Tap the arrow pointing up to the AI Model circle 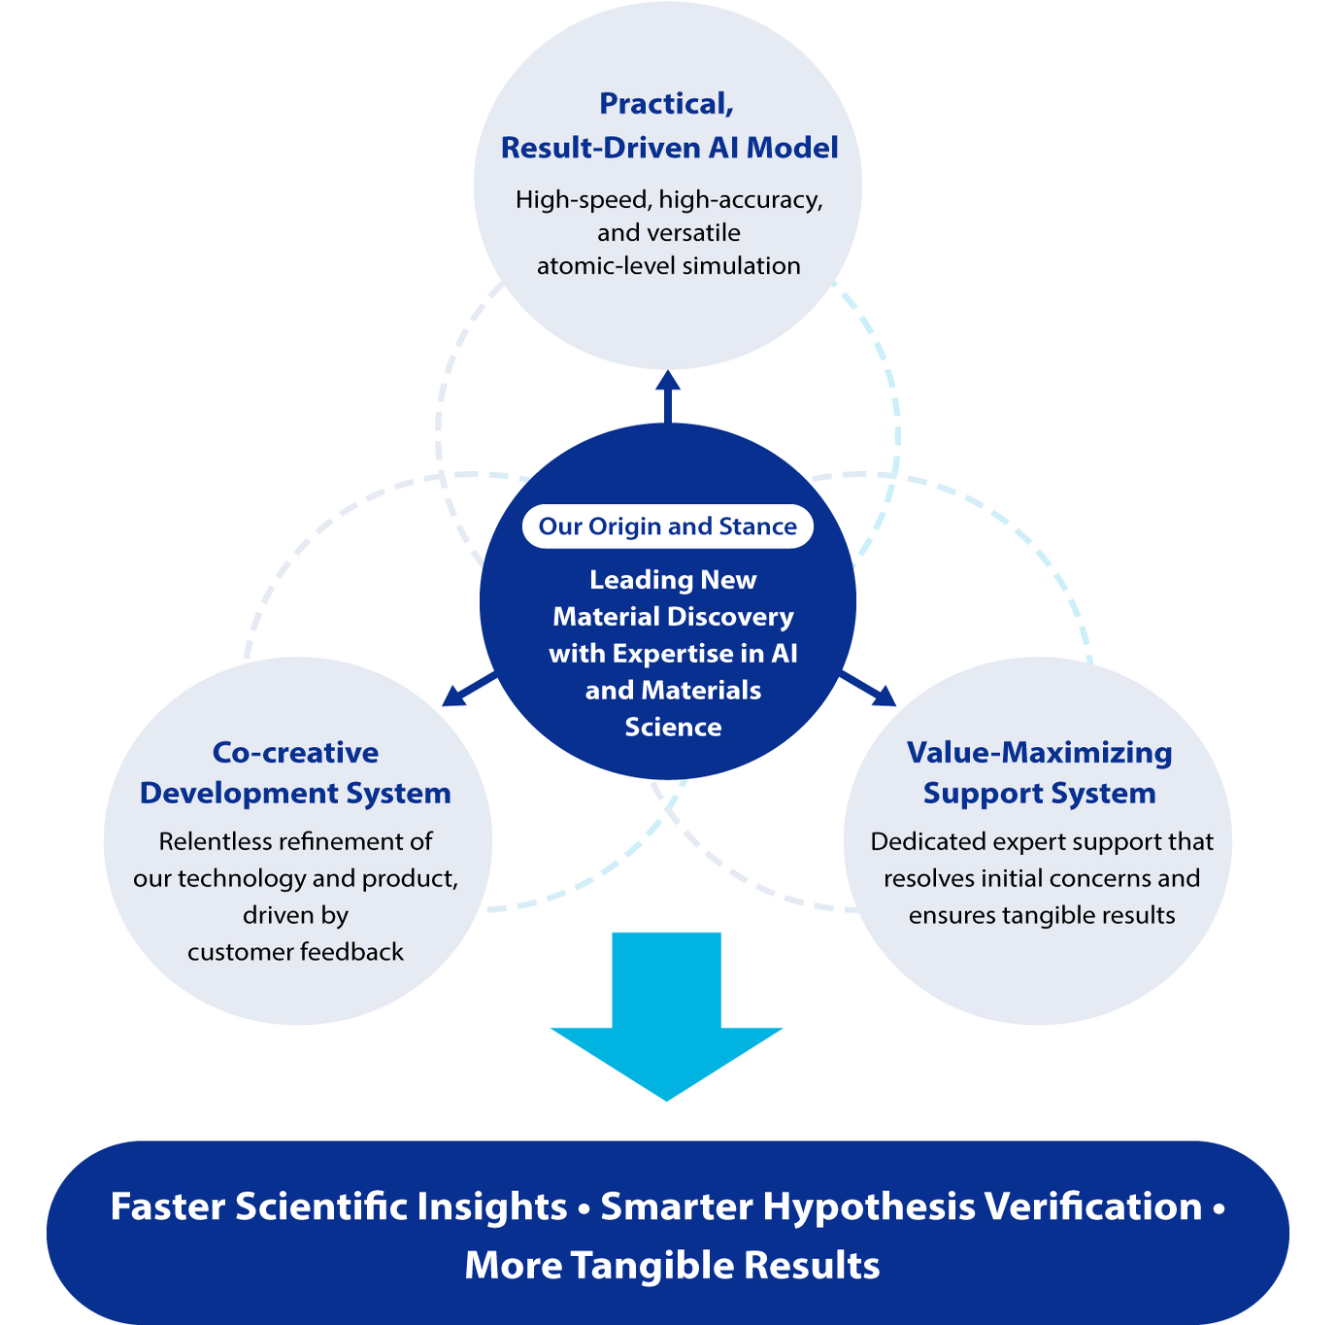point(668,396)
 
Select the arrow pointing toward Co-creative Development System point(469,689)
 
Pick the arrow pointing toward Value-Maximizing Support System point(868,689)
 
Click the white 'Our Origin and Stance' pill point(668,527)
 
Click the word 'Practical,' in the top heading point(666,104)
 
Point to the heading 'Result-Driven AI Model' point(669,148)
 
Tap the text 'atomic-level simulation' point(668,266)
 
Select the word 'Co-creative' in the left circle point(295,753)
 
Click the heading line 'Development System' point(295,794)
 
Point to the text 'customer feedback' point(295,952)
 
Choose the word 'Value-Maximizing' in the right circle point(1039,754)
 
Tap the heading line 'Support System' point(1039,794)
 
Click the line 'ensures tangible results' point(1042,916)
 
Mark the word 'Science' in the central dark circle point(673,727)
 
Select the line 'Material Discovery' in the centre point(673,617)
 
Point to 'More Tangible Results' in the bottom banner point(672,1265)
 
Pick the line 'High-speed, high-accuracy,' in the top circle point(669,200)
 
